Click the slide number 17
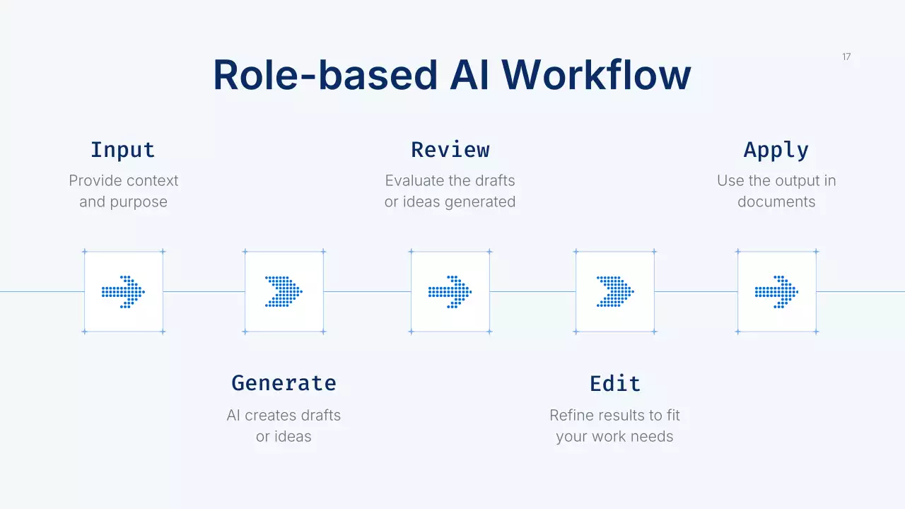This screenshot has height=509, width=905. tap(846, 57)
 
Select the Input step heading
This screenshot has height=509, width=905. tap(123, 150)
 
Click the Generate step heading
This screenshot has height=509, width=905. tap(284, 383)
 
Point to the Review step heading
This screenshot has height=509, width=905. tap(450, 150)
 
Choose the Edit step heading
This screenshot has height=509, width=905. tap(615, 383)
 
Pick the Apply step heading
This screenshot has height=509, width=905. tap(776, 150)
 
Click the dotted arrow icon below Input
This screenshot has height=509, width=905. tap(123, 291)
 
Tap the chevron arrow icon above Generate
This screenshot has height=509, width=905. tap(284, 291)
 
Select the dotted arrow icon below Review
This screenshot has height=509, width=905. tap(450, 291)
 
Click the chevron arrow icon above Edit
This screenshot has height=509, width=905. tap(615, 291)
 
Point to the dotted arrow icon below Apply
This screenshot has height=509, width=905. tap(776, 291)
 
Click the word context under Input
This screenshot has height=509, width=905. tap(152, 181)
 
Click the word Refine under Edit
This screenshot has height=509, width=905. tap(571, 416)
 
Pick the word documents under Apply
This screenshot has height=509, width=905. tap(776, 202)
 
